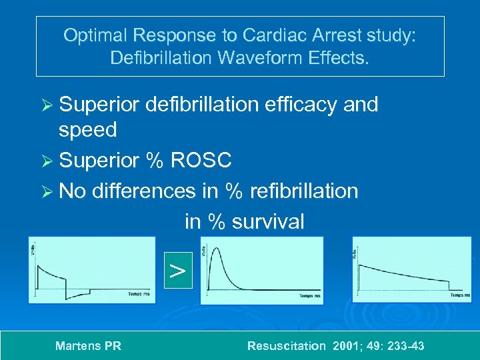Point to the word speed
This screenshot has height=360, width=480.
coord(87,129)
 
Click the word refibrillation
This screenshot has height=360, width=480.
coord(303,191)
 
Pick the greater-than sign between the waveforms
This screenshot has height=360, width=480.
coord(177,271)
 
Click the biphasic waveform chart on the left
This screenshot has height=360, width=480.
coord(91,271)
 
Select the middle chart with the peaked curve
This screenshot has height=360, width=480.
coord(262,271)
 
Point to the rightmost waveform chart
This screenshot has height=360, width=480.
coord(411,271)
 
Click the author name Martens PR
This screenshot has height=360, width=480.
coord(88,346)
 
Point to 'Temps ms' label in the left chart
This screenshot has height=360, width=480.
coord(139,293)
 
